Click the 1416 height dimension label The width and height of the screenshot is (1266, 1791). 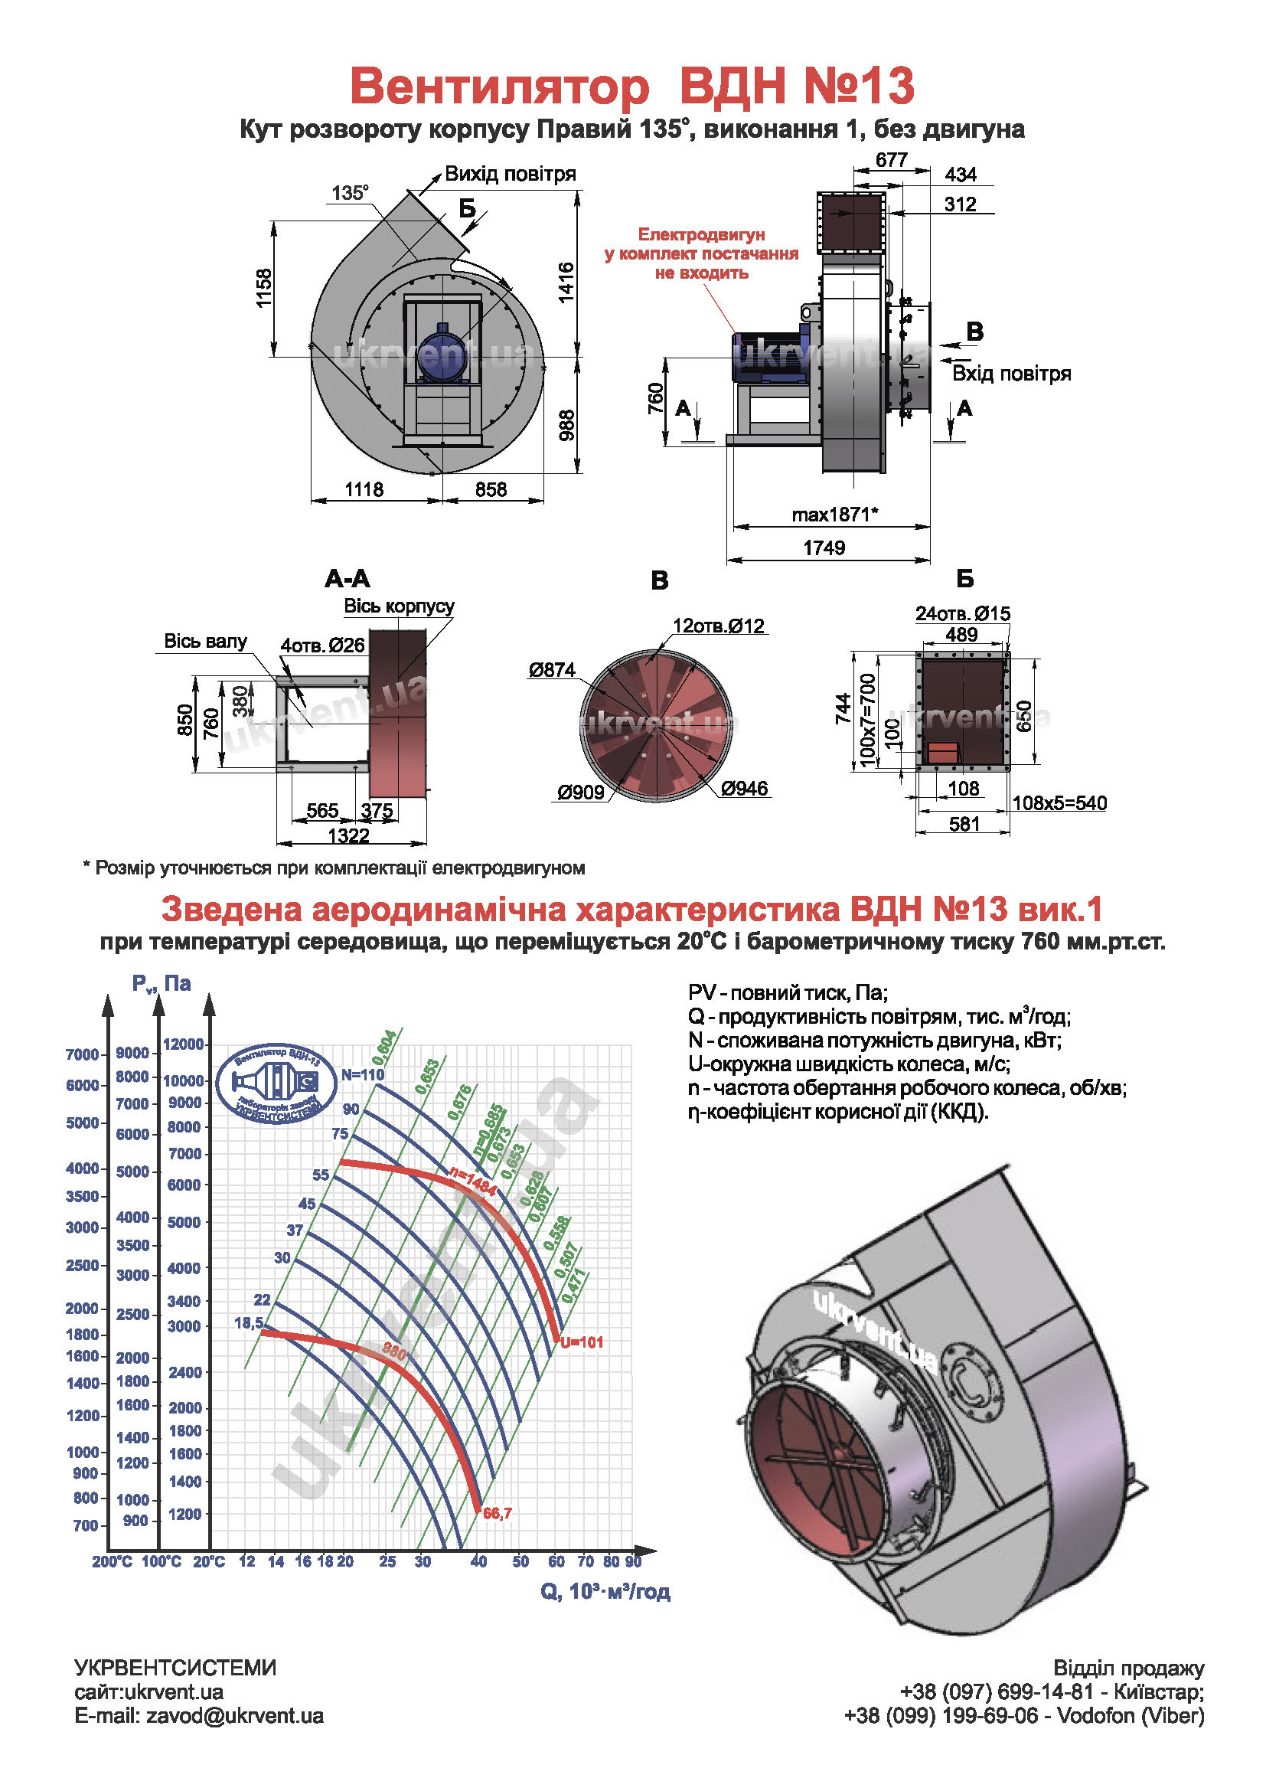[x=566, y=282]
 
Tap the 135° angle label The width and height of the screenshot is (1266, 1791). [x=350, y=193]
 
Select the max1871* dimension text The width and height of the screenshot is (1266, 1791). [x=835, y=515]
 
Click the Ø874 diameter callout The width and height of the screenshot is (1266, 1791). [x=552, y=669]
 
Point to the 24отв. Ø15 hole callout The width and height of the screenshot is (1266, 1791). [x=963, y=613]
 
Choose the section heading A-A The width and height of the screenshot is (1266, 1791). [x=347, y=579]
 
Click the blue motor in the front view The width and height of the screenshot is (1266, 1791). [x=442, y=353]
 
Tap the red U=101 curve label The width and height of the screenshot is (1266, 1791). [x=582, y=1342]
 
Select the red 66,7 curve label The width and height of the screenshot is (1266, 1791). [x=498, y=1513]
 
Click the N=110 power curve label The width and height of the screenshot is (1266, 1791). [x=363, y=1074]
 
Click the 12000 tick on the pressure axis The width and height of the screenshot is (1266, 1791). [x=183, y=1044]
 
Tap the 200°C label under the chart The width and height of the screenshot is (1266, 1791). [x=112, y=1561]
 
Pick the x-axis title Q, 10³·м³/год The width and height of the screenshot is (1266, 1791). [x=605, y=1591]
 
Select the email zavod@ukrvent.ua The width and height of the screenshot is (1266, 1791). [x=199, y=1715]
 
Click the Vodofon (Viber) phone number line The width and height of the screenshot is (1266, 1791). [x=1024, y=1715]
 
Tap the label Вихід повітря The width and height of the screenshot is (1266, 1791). [x=510, y=174]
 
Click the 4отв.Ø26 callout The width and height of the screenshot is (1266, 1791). [x=323, y=645]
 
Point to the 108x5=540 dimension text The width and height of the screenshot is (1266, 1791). [x=1059, y=802]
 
